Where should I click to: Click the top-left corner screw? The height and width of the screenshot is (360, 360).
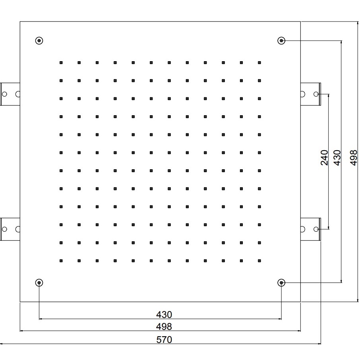click(39, 41)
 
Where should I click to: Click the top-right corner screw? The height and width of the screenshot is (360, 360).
click(281, 41)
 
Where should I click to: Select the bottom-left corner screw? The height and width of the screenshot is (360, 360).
click(39, 283)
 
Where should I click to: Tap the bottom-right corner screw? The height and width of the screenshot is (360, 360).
click(281, 283)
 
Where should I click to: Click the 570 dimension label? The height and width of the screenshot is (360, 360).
click(164, 340)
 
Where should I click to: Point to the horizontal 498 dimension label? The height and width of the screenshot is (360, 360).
click(164, 327)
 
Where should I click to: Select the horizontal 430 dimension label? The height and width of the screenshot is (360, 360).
click(164, 315)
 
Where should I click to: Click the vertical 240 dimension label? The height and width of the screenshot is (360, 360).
click(324, 157)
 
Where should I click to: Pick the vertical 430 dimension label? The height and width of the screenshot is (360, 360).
click(337, 157)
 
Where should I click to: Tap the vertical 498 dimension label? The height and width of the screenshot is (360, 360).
click(354, 157)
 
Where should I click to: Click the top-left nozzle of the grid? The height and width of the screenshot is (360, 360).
click(61, 62)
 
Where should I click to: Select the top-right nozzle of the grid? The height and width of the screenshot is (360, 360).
click(259, 62)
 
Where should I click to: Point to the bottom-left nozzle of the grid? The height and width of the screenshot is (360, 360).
click(61, 261)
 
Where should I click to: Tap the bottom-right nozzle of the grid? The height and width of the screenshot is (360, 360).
click(259, 261)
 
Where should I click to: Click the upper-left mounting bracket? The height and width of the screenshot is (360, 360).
click(10, 94)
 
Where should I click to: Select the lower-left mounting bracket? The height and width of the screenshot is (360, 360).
click(10, 229)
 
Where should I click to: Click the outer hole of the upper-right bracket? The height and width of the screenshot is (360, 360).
click(316, 94)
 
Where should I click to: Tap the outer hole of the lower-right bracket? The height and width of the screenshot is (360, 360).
click(316, 229)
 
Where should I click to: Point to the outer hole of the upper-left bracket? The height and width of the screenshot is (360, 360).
click(4, 94)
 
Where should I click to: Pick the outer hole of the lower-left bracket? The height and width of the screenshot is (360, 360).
click(4, 229)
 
